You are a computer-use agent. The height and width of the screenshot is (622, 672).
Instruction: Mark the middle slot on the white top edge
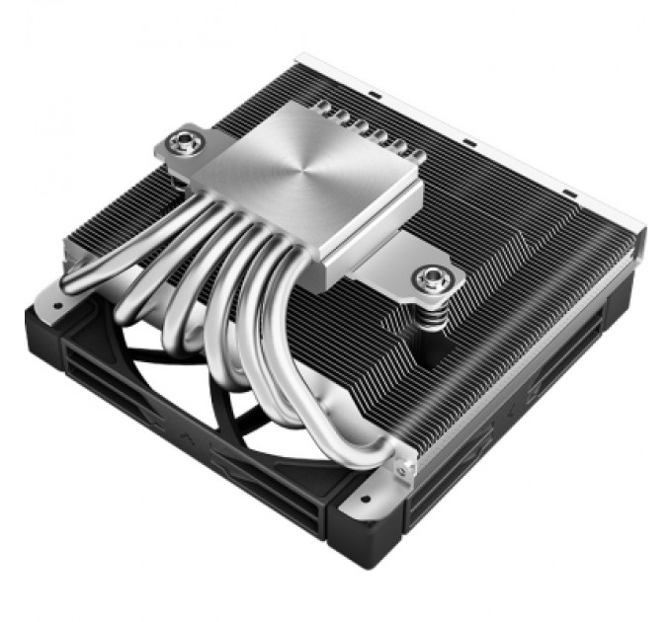pyautogui.click(x=469, y=146)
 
